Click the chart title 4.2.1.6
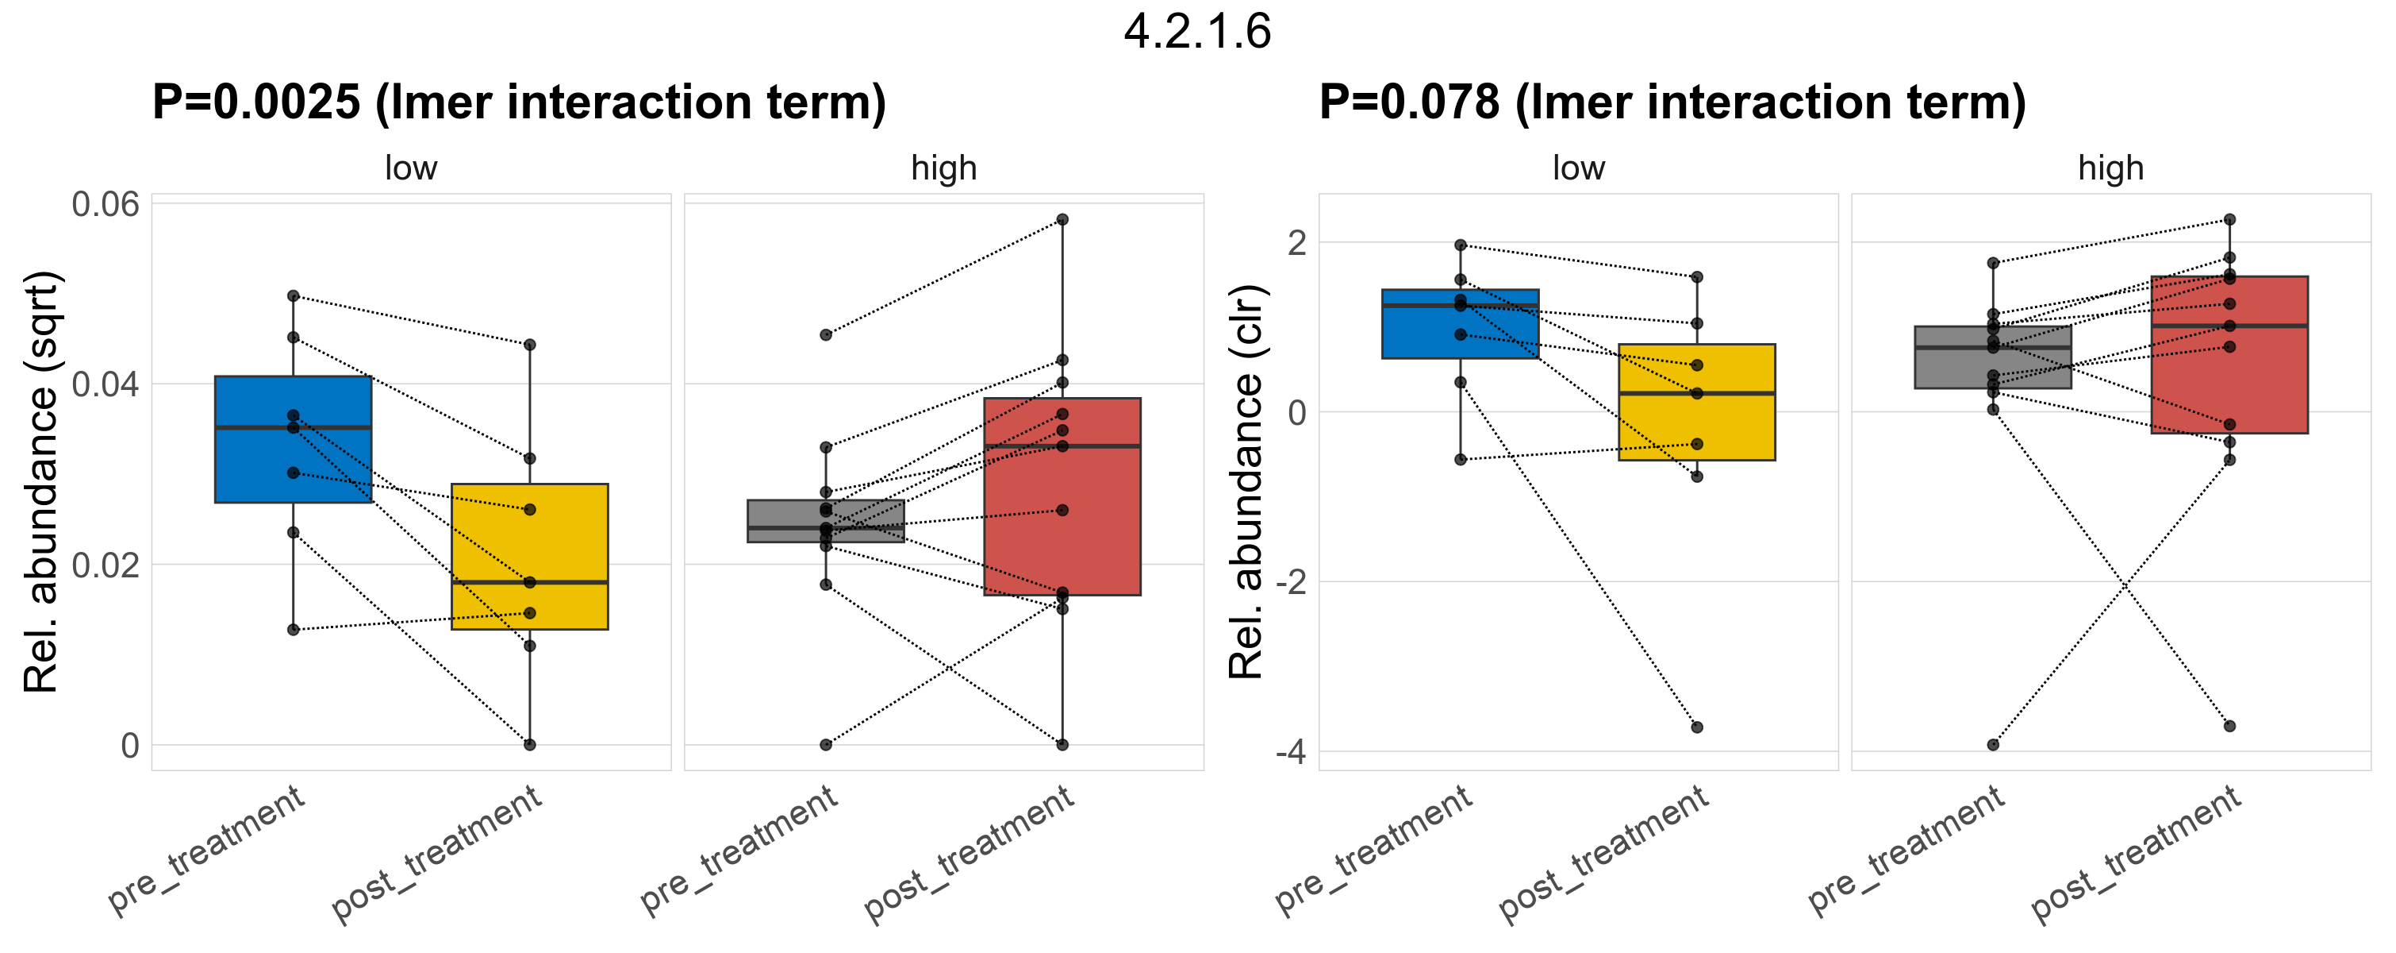coord(1197,33)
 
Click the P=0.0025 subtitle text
coord(519,102)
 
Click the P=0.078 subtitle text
coord(1672,102)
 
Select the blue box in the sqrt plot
coord(293,465)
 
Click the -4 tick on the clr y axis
coord(1290,752)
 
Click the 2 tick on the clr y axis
coord(1296,243)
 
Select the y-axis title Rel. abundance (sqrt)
coord(41,481)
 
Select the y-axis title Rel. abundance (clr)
coord(1246,481)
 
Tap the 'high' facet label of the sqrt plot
coord(944,168)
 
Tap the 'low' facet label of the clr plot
coord(1578,168)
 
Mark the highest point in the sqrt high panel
coord(1062,220)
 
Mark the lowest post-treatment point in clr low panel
coord(1696,727)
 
